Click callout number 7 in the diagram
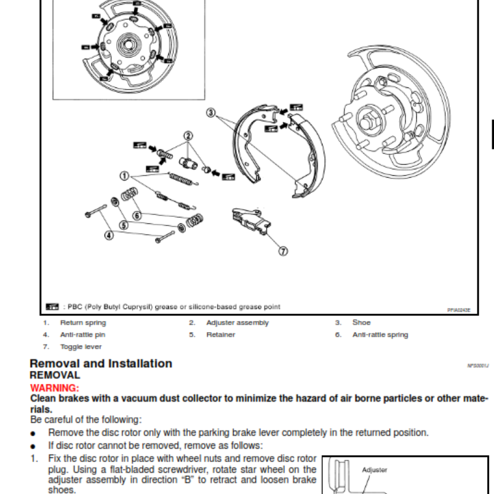(x=283, y=251)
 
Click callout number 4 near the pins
(x=109, y=235)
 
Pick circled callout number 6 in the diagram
(x=137, y=216)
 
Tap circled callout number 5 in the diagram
(x=124, y=225)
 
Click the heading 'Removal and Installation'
(x=101, y=364)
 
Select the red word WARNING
(x=54, y=388)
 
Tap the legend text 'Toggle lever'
(x=81, y=347)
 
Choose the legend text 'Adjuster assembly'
(x=238, y=322)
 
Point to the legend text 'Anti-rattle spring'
(x=380, y=335)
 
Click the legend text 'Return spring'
(x=83, y=322)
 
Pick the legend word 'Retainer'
(x=220, y=335)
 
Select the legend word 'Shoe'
(x=361, y=322)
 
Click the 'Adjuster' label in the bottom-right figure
(x=375, y=470)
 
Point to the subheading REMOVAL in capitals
(x=55, y=375)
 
